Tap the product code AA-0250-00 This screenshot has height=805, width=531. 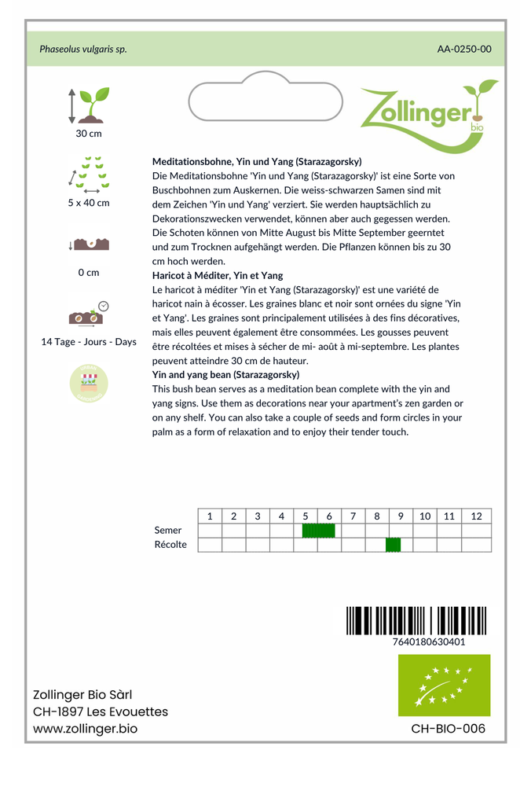click(464, 49)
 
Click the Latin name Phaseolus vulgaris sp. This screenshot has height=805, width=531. click(83, 49)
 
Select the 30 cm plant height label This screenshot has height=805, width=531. click(89, 134)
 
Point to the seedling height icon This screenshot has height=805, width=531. click(89, 105)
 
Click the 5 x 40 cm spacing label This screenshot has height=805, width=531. click(89, 203)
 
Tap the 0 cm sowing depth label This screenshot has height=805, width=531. click(89, 273)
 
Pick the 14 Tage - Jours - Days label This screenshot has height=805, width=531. click(89, 342)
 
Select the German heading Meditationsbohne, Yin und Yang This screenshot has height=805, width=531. click(257, 161)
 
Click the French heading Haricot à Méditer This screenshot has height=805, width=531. click(218, 275)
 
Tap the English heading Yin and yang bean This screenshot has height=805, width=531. click(225, 375)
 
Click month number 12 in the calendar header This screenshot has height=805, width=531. click(476, 516)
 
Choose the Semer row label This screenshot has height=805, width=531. click(168, 531)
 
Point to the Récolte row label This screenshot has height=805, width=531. click(170, 545)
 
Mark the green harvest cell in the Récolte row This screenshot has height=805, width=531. click(394, 545)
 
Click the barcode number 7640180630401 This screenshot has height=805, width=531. click(428, 641)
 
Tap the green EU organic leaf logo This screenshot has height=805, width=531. click(444, 685)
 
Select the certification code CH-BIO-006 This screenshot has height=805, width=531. click(449, 729)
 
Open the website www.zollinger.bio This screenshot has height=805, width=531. click(85, 729)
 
